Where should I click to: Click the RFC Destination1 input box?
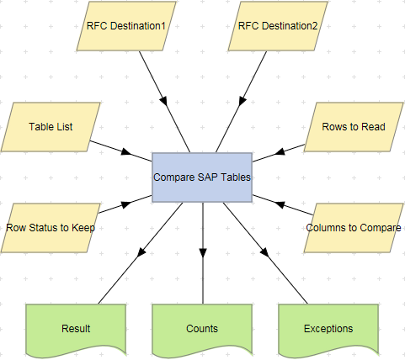126,25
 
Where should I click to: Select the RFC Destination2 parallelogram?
273,25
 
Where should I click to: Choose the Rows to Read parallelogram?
354,127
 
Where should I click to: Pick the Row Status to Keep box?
51,228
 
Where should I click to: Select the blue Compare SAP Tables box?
202,177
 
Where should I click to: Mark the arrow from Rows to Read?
282,150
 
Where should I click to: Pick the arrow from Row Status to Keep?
118,206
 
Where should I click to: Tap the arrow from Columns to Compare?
283,205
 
